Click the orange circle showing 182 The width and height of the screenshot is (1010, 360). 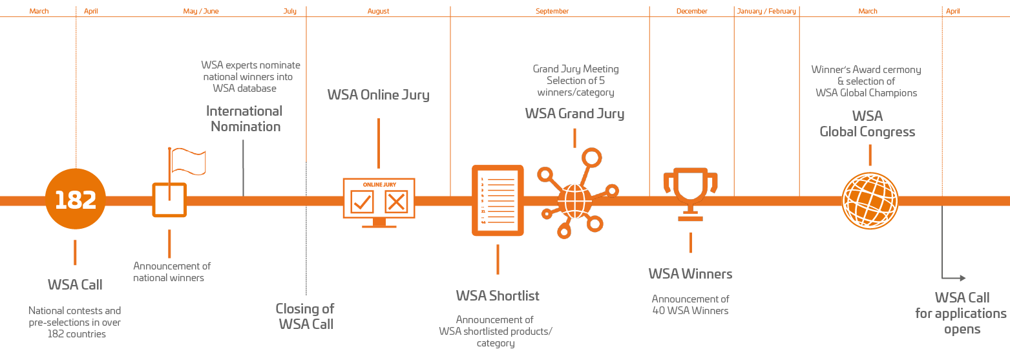[76, 200]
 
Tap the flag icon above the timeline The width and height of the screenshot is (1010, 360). [188, 161]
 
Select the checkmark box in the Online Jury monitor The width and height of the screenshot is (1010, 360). [362, 202]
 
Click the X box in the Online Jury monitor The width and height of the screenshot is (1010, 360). [395, 202]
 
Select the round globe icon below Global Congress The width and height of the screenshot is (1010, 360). [870, 201]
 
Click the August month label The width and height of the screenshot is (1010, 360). [379, 12]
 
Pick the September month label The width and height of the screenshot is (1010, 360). [552, 12]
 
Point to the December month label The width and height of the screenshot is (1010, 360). [691, 12]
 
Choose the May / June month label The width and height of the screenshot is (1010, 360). [201, 12]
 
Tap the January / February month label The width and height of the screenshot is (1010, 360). [766, 12]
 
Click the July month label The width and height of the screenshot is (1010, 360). [289, 12]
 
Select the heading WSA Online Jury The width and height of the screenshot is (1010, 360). [378, 95]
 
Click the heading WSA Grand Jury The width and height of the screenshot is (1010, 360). [574, 114]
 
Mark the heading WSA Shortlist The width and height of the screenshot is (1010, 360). [497, 296]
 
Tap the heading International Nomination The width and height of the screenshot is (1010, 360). [244, 119]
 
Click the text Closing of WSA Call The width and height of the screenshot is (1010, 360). [306, 316]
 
